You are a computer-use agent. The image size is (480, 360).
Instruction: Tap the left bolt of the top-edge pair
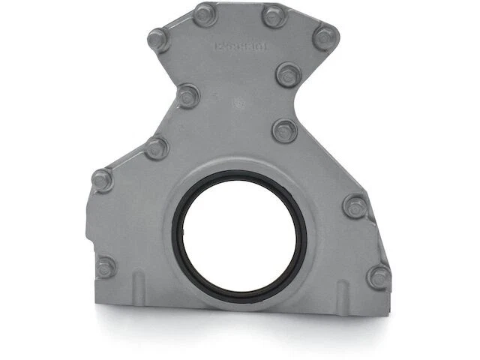coord(204,14)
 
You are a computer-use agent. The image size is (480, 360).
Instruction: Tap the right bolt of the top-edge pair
coord(274,16)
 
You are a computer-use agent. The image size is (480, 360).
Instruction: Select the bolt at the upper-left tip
coord(158,39)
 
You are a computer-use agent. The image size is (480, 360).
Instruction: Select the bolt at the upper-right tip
coord(325,37)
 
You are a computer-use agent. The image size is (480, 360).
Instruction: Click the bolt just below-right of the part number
coord(288,74)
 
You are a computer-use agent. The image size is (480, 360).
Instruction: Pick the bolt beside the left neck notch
coord(187,96)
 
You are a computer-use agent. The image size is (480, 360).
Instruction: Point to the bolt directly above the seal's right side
coord(285,130)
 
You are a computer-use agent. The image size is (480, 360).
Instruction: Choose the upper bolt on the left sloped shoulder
coord(156,148)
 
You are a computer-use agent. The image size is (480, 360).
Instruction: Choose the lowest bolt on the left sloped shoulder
coord(103,180)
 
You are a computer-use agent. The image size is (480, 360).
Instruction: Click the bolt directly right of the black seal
coord(355,205)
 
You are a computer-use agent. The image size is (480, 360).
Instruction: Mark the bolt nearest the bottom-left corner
coord(106,266)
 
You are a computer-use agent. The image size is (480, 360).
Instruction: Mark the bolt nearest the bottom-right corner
coord(379,277)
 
